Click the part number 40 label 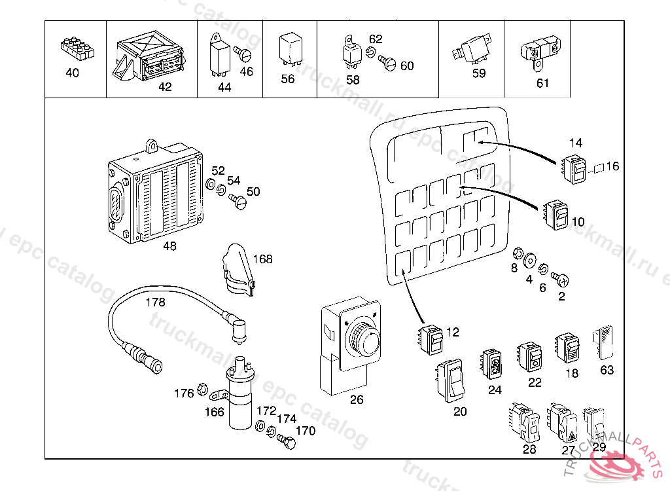click(72, 73)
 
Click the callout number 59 click(479, 73)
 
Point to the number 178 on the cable click(155, 302)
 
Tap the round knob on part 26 click(360, 338)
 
